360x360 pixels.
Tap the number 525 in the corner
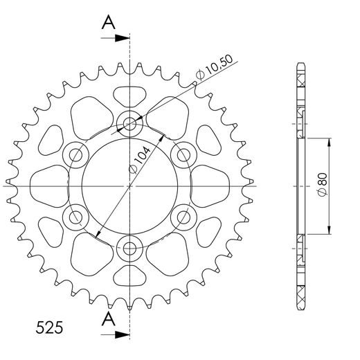click(x=48, y=325)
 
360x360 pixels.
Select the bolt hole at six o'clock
click(x=129, y=247)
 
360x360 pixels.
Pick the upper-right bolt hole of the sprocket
click(x=183, y=155)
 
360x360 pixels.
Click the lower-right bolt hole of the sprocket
click(x=183, y=217)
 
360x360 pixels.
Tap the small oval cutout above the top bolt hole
click(x=129, y=95)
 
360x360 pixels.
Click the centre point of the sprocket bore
click(x=129, y=186)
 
